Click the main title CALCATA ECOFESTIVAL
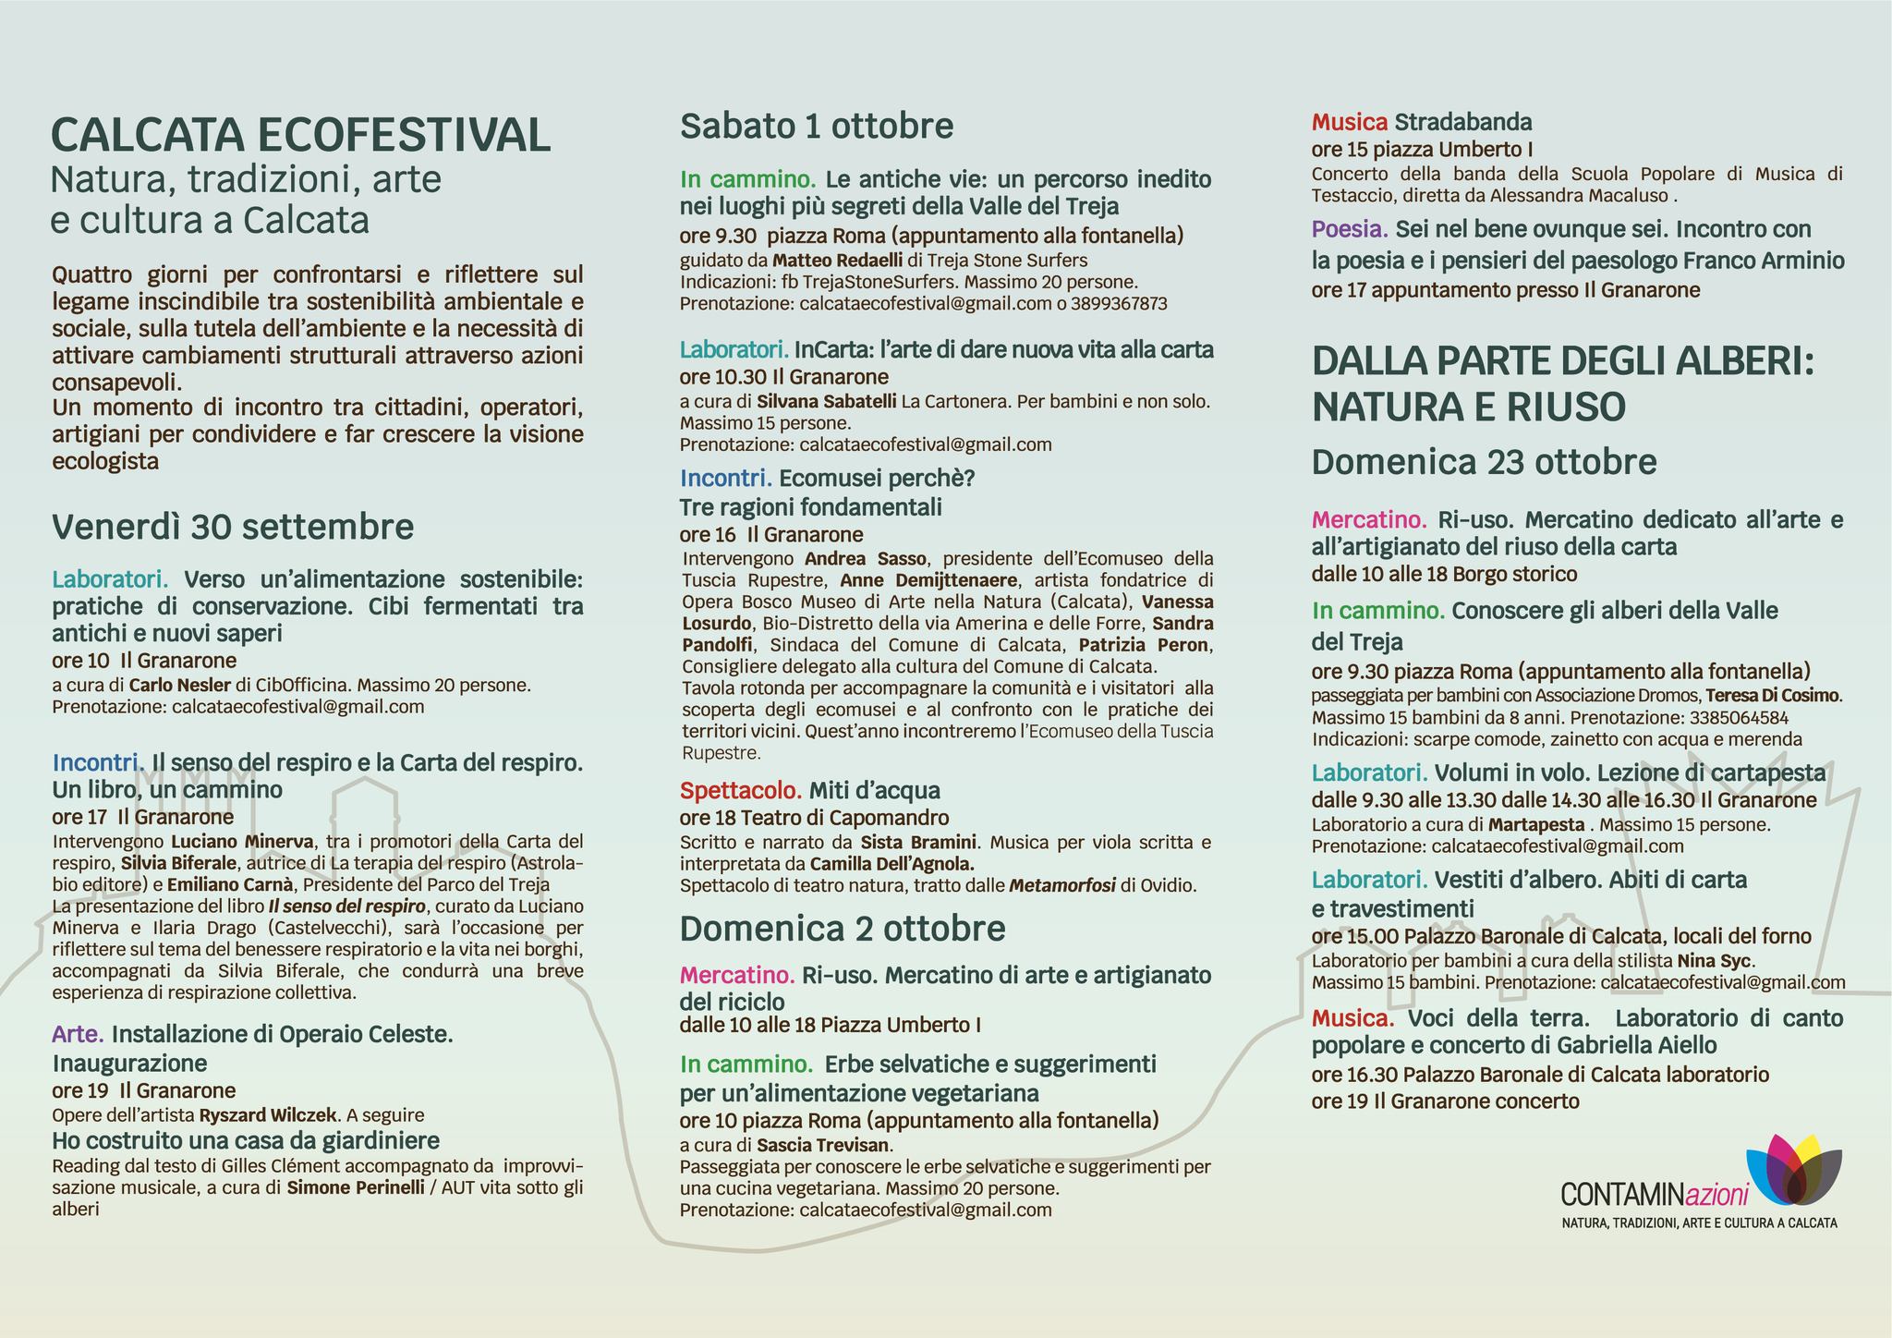[301, 135]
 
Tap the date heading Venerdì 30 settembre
[233, 527]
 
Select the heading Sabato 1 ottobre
[817, 126]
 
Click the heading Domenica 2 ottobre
[843, 928]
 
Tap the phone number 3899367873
[1119, 304]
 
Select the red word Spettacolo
[741, 791]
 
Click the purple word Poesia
[1351, 229]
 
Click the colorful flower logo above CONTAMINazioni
[1794, 1168]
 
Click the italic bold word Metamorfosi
[1062, 886]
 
